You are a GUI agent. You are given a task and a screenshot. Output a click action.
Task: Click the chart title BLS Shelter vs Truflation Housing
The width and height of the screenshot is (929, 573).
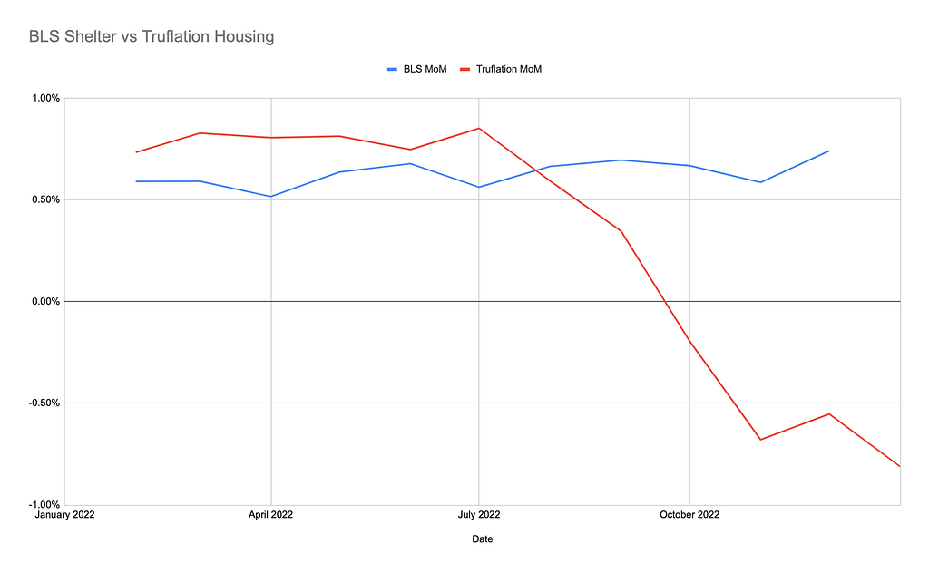[x=152, y=36]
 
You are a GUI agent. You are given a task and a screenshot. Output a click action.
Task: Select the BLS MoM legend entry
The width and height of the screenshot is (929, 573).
[x=417, y=69]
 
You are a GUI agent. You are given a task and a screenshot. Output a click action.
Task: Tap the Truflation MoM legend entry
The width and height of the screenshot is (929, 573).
[x=501, y=69]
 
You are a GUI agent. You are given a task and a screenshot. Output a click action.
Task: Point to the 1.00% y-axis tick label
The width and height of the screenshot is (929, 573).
[x=45, y=98]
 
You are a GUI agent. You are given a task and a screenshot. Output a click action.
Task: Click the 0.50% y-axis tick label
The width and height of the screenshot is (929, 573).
[x=45, y=200]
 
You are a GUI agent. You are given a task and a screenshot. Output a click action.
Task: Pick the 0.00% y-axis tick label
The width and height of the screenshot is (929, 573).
[x=45, y=302]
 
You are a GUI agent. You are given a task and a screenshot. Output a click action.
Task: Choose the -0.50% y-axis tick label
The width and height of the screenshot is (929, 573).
[x=44, y=403]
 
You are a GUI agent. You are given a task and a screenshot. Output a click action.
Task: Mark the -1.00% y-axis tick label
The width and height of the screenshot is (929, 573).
[x=44, y=505]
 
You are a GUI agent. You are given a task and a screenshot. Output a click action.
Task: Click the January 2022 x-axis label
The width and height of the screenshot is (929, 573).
[x=64, y=515]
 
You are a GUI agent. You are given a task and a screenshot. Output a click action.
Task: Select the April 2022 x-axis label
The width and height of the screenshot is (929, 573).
[x=270, y=515]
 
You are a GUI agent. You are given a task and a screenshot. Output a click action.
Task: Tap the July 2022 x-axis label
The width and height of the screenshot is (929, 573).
[x=479, y=515]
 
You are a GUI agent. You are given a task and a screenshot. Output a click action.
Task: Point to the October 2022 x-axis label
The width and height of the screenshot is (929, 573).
[x=689, y=515]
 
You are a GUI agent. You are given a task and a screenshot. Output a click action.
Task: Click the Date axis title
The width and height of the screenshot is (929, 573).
[x=483, y=539]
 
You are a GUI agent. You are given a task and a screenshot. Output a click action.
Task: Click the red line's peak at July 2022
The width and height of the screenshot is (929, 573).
[x=479, y=128]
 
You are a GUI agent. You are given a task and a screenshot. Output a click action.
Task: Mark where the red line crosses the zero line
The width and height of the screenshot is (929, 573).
[x=666, y=301]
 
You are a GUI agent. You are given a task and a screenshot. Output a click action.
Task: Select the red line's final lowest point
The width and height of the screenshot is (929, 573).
[x=900, y=466]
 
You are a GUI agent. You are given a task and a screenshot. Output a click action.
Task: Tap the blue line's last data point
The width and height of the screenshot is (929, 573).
[x=829, y=151]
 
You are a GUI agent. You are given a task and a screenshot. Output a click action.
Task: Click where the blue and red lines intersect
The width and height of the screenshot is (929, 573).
[x=537, y=170]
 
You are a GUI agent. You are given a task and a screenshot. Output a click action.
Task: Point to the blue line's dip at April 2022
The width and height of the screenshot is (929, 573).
[x=270, y=197]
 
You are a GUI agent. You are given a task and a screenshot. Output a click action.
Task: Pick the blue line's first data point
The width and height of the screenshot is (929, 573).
[x=136, y=181]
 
